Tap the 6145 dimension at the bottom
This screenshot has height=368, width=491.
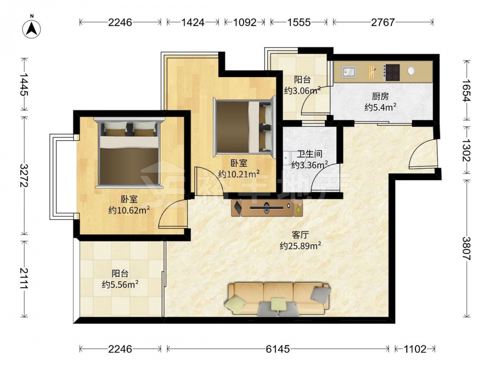coord(278,348)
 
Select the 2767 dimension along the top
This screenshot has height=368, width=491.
coord(382,22)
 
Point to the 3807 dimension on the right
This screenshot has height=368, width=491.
coord(466,248)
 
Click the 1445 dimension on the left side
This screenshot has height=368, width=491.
coord(24,84)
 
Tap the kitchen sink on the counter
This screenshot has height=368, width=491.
coord(349,72)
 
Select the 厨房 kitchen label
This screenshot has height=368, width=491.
coord(380,96)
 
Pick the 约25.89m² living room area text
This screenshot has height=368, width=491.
coord(300,246)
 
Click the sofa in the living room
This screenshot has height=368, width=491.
coord(278,299)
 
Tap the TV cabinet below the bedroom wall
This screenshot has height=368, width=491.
coord(267,208)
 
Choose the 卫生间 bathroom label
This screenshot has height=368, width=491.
coord(310,154)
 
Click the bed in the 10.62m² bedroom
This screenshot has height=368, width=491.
coord(129,153)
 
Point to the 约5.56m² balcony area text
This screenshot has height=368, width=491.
coord(120,285)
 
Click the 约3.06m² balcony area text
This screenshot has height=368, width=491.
coord(302,90)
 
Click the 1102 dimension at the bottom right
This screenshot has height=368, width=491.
coord(415,348)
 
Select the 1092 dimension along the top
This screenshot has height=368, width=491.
coord(245,22)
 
